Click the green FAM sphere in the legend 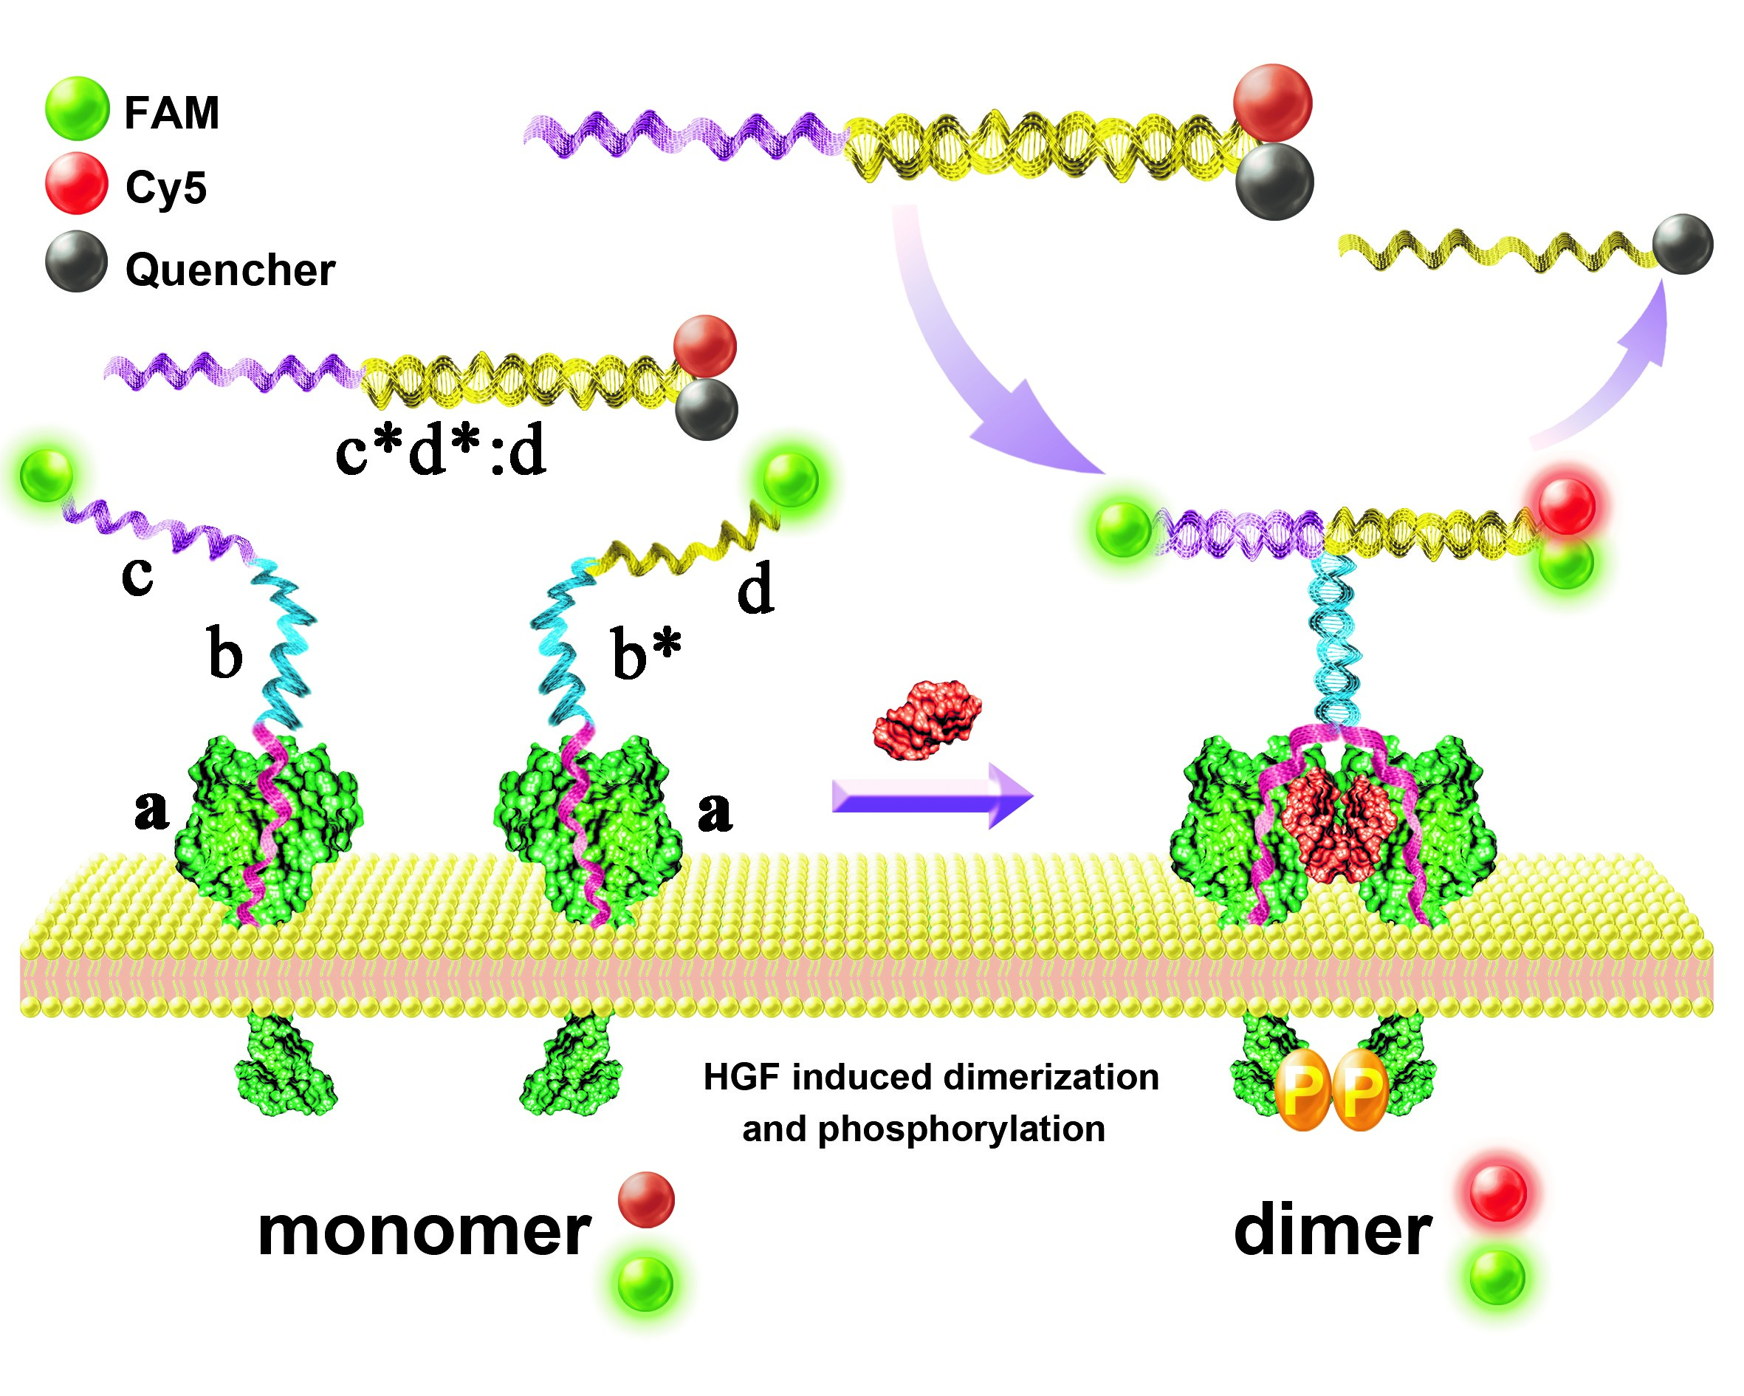coord(77,109)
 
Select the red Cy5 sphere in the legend coord(76,184)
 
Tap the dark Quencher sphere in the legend coord(76,261)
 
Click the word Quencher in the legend coord(230,270)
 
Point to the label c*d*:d coord(441,451)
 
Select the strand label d coord(755,589)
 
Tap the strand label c coord(137,575)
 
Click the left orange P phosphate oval coord(1302,1090)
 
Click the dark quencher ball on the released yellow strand coord(1683,244)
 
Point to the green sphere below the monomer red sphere coord(645,1284)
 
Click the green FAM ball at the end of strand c coord(46,476)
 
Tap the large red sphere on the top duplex coord(1272,103)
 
